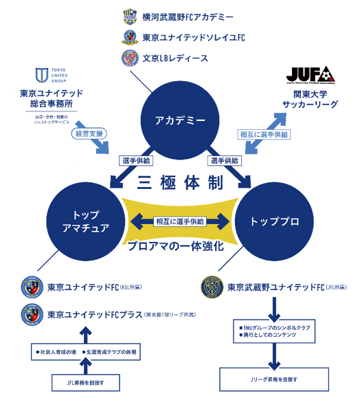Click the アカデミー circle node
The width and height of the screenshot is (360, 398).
pos(181,120)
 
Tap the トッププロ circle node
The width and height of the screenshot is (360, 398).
pos(274,221)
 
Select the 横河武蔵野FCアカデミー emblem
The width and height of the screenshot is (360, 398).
pos(131,16)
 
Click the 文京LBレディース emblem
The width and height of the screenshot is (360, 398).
pos(131,58)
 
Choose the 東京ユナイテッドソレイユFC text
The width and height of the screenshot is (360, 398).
pos(193,37)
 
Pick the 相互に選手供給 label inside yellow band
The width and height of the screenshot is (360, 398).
pos(180,221)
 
